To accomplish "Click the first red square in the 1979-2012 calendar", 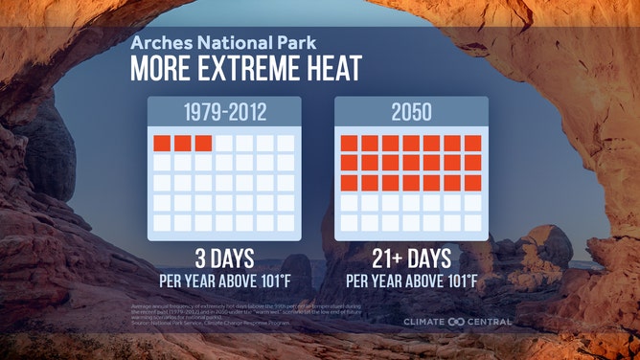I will point(162,144).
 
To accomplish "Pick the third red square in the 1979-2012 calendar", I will point(203,144).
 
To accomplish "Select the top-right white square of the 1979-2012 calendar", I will point(286,144).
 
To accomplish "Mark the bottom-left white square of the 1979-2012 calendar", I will point(162,222).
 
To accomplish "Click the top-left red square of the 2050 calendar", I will point(349,144).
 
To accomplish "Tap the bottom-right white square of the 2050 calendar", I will point(472,222).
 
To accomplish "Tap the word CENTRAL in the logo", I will point(489,322).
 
